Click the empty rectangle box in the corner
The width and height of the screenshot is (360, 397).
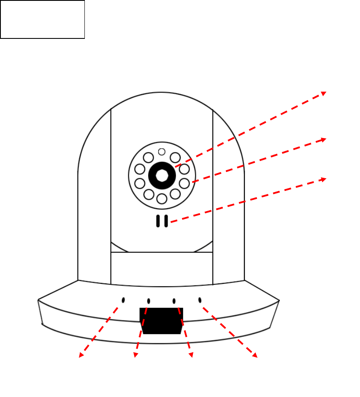point(43,19)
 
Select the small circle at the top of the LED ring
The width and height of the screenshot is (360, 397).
point(162,152)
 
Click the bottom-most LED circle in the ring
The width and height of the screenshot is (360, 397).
point(162,198)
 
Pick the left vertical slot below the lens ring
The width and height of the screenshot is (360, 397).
point(158,221)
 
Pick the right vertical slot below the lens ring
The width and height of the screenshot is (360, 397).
point(166,221)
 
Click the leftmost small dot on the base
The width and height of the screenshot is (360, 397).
point(123,300)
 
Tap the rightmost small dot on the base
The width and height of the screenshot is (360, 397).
point(200,300)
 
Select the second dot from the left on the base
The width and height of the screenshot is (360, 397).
point(149,301)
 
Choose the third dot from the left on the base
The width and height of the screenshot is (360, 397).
point(174,301)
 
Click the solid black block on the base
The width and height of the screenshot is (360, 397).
point(161,321)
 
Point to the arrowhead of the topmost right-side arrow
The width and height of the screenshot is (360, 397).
point(324,93)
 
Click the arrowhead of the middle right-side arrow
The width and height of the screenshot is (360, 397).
point(324,139)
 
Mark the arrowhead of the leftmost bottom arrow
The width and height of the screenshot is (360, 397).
point(81,356)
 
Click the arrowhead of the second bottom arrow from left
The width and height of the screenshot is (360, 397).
point(135,356)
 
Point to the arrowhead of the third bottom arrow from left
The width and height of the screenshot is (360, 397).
point(191,356)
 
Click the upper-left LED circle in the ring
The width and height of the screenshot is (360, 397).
point(149,158)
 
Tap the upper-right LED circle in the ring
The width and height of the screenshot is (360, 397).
point(175,158)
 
